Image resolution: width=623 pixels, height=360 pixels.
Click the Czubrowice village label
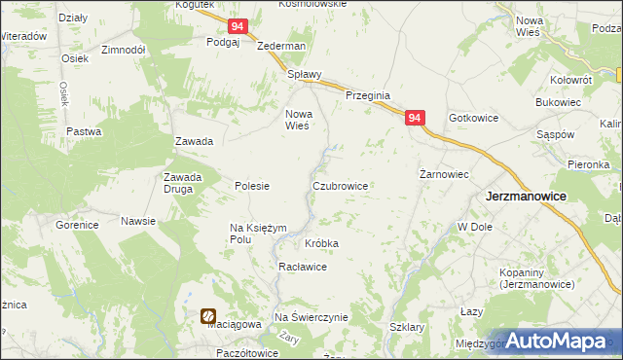pos(340,185)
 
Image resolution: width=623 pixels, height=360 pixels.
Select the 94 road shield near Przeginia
pos(416,118)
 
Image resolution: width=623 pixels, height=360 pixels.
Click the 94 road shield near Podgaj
pos(238,27)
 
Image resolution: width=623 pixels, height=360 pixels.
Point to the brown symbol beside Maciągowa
pos(208,316)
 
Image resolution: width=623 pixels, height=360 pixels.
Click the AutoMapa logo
pos(558,341)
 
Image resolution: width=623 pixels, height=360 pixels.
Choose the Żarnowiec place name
pos(444,175)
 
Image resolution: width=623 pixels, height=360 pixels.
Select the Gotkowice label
pos(473,118)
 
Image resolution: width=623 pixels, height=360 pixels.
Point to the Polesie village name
pos(252,186)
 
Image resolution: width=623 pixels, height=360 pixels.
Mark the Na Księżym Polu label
pos(259,233)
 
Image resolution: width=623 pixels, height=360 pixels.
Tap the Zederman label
pos(281,46)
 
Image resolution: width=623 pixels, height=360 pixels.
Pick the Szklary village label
pos(407,328)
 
